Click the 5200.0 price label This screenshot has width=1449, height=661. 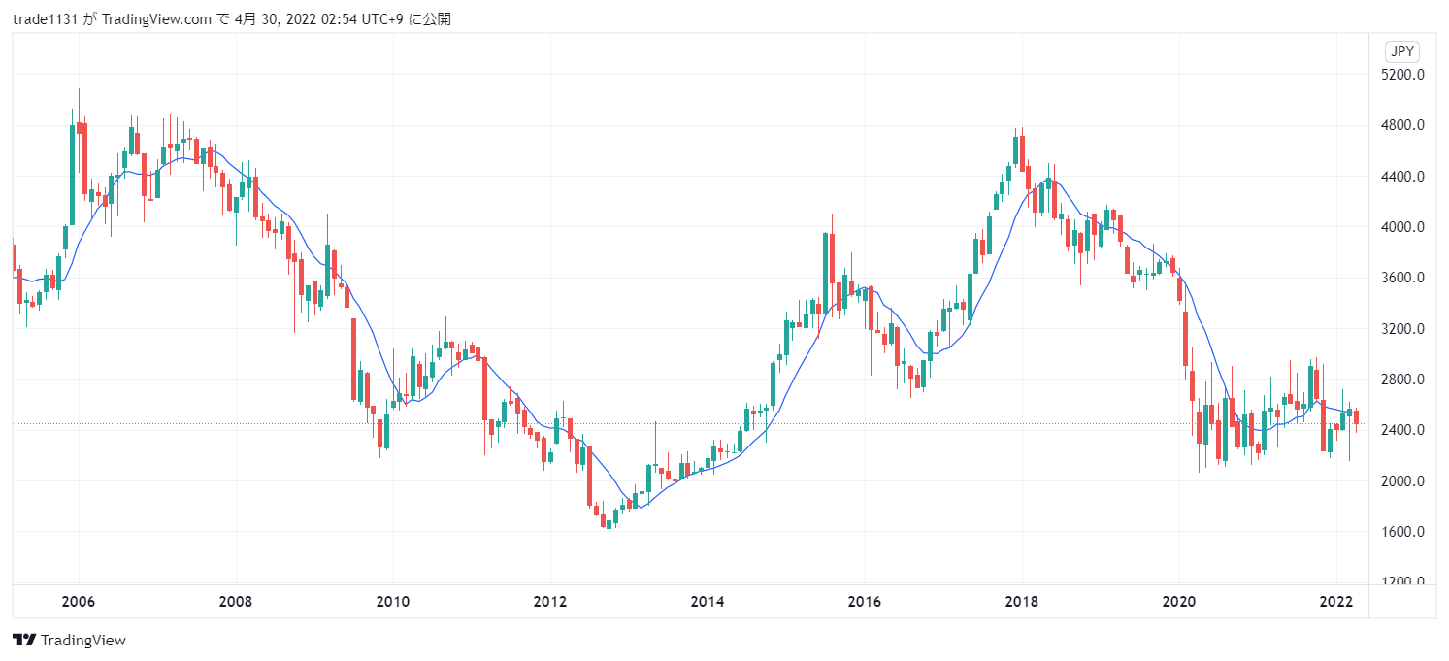pos(1401,75)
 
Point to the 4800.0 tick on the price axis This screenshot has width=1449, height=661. pos(1401,125)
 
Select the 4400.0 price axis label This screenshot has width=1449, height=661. pos(1401,177)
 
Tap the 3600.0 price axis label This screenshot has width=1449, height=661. pos(1401,278)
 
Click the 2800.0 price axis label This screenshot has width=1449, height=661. pos(1401,380)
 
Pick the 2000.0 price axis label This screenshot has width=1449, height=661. pos(1401,480)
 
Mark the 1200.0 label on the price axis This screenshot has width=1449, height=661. pos(1401,581)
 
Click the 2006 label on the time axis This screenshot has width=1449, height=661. pos(79,602)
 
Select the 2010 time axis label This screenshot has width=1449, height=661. pos(392,602)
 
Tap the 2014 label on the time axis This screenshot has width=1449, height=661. pos(708,602)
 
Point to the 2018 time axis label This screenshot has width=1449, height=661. pos(1021,602)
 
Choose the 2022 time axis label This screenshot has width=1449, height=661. pos(1336,602)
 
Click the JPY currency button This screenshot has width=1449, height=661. pos(1400,52)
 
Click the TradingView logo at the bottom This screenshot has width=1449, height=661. pos(69,641)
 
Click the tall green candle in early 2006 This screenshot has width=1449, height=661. pos(73,175)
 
